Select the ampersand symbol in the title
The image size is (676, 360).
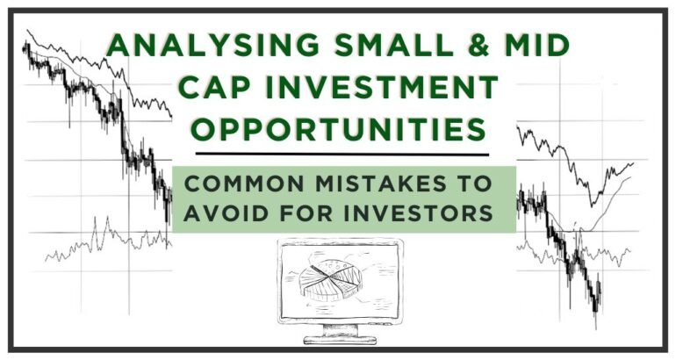478,46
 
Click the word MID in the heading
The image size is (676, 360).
537,46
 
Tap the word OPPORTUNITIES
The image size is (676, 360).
338,129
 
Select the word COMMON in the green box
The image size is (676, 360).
244,184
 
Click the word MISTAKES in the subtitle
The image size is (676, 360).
381,184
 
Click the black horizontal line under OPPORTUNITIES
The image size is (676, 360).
342,154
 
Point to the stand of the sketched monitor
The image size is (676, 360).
341,331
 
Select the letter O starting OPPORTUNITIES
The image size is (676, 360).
203,129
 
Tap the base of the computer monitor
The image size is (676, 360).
340,341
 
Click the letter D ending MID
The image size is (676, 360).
558,46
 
